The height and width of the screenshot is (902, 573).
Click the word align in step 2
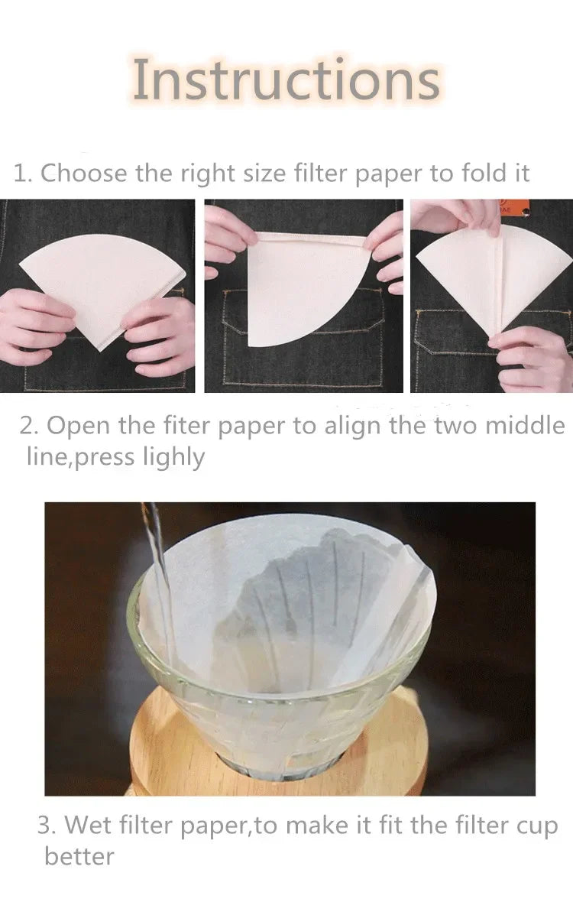(x=353, y=427)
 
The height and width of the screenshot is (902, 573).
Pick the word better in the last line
(x=79, y=856)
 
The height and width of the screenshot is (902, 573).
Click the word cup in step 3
(x=536, y=826)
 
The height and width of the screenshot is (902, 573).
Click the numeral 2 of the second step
(x=27, y=427)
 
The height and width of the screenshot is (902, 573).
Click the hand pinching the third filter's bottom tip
(x=532, y=358)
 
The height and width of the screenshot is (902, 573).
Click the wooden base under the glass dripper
(x=276, y=748)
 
